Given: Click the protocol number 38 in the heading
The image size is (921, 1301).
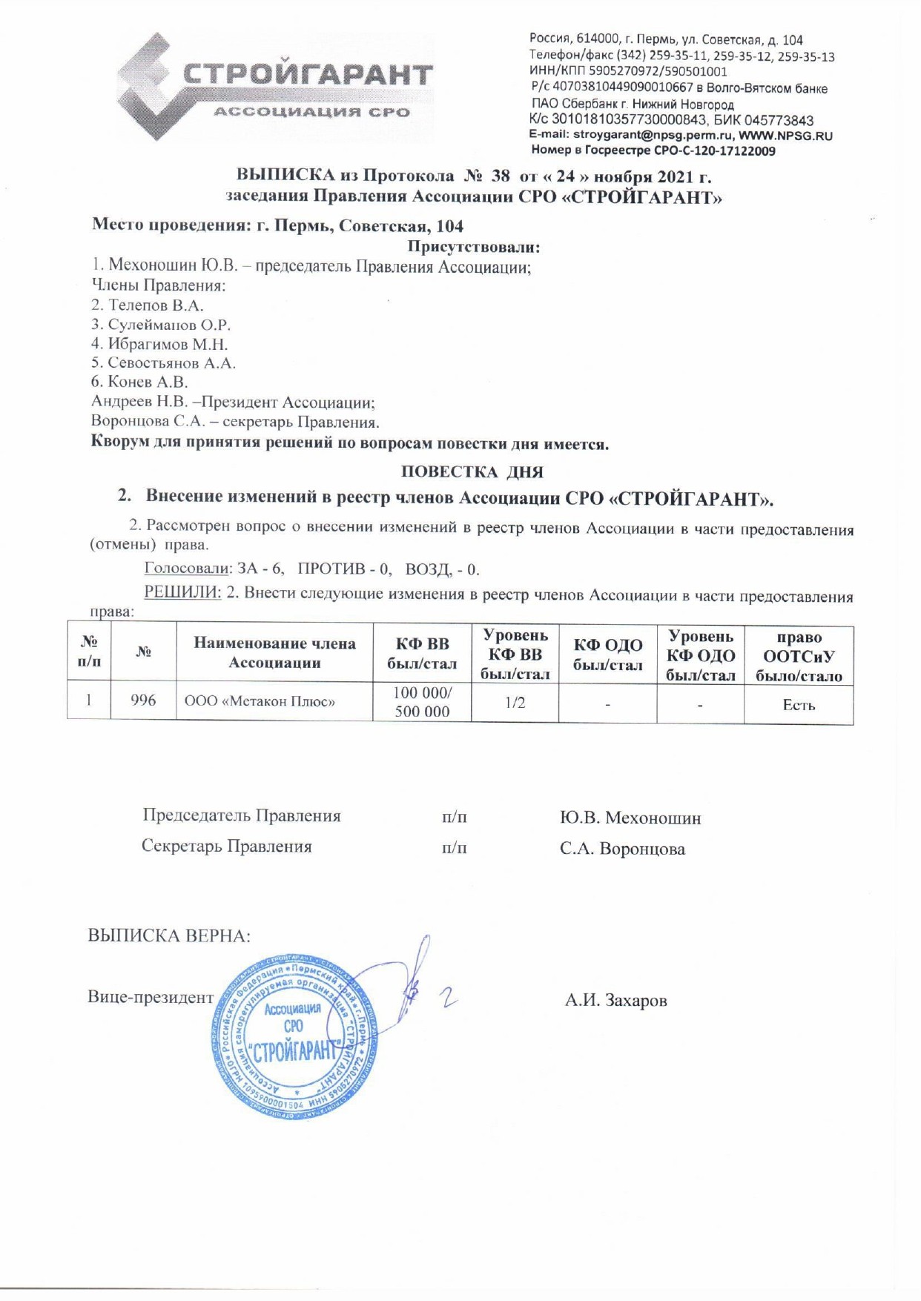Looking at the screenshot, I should (x=501, y=176).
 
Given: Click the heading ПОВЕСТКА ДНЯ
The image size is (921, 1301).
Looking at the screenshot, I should (x=472, y=471).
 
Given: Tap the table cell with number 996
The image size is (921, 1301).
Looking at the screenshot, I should (x=143, y=701).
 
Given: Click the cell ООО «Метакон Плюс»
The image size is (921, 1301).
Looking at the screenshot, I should (x=260, y=701).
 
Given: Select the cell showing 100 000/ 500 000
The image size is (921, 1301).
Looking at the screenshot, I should (x=422, y=701).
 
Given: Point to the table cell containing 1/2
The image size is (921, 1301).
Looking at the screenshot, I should (x=515, y=701).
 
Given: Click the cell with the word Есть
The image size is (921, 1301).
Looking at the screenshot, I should (x=799, y=705).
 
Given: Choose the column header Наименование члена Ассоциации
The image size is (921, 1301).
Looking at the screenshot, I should (x=274, y=652).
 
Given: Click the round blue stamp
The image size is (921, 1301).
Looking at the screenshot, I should (x=292, y=1036).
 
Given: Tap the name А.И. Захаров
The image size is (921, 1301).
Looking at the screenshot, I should (x=615, y=1000).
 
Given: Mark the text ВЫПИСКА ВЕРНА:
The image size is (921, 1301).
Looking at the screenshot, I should (x=169, y=936).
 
